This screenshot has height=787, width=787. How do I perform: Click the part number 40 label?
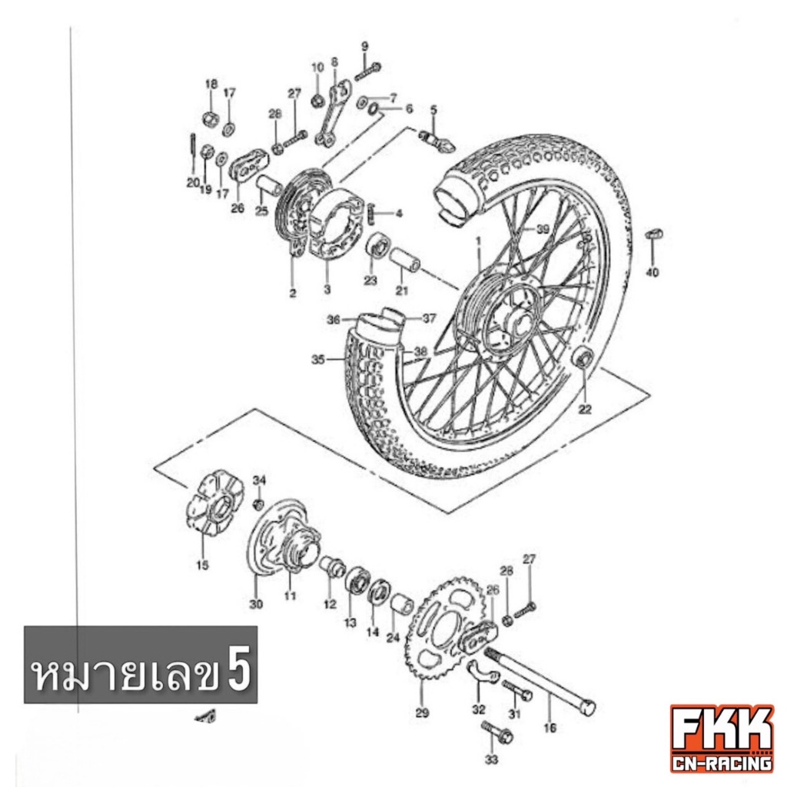(x=652, y=273)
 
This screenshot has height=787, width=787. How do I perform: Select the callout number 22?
(x=585, y=410)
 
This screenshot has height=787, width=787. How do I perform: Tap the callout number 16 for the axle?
(x=550, y=727)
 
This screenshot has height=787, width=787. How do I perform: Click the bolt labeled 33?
(x=496, y=733)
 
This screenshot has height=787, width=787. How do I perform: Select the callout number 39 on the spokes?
(x=543, y=229)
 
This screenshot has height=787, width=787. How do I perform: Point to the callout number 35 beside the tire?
(x=318, y=360)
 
